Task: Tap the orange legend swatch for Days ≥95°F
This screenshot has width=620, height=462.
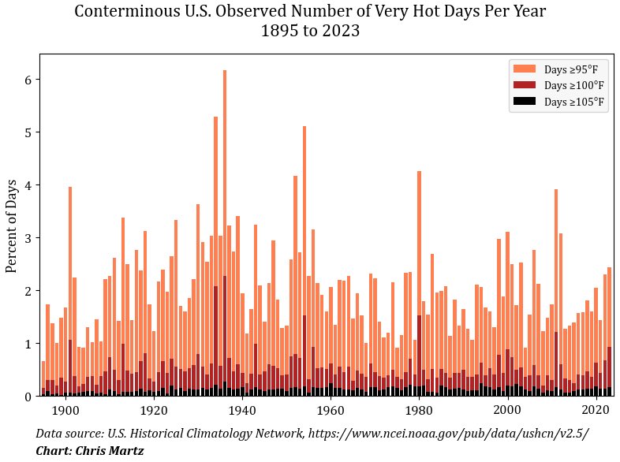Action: [x=525, y=69]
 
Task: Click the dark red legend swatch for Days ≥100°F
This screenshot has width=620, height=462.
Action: [x=525, y=85]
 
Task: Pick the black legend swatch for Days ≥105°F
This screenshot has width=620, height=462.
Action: [x=525, y=101]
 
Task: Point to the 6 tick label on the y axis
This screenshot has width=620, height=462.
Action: [x=28, y=80]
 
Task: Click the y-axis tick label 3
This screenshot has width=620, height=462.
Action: [x=28, y=238]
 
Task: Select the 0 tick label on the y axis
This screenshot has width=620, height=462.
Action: [x=28, y=397]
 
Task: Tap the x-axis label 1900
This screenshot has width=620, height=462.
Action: [x=65, y=410]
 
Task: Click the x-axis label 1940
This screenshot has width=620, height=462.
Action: [x=242, y=410]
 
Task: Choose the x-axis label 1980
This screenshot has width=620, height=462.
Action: [x=419, y=410]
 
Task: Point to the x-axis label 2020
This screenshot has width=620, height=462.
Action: [x=596, y=410]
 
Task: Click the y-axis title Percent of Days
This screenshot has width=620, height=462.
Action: [x=12, y=226]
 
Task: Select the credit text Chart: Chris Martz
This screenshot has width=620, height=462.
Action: [x=90, y=451]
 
